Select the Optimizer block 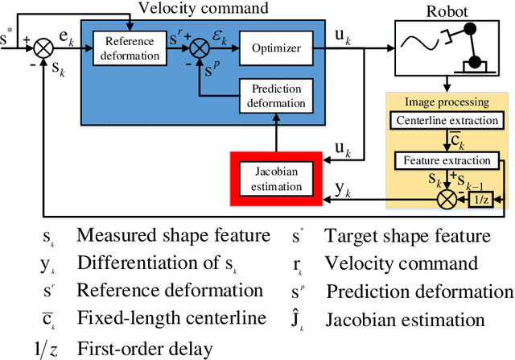[275, 48]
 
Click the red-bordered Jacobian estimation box [270, 179]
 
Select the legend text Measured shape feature [172, 236]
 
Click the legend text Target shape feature [406, 236]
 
